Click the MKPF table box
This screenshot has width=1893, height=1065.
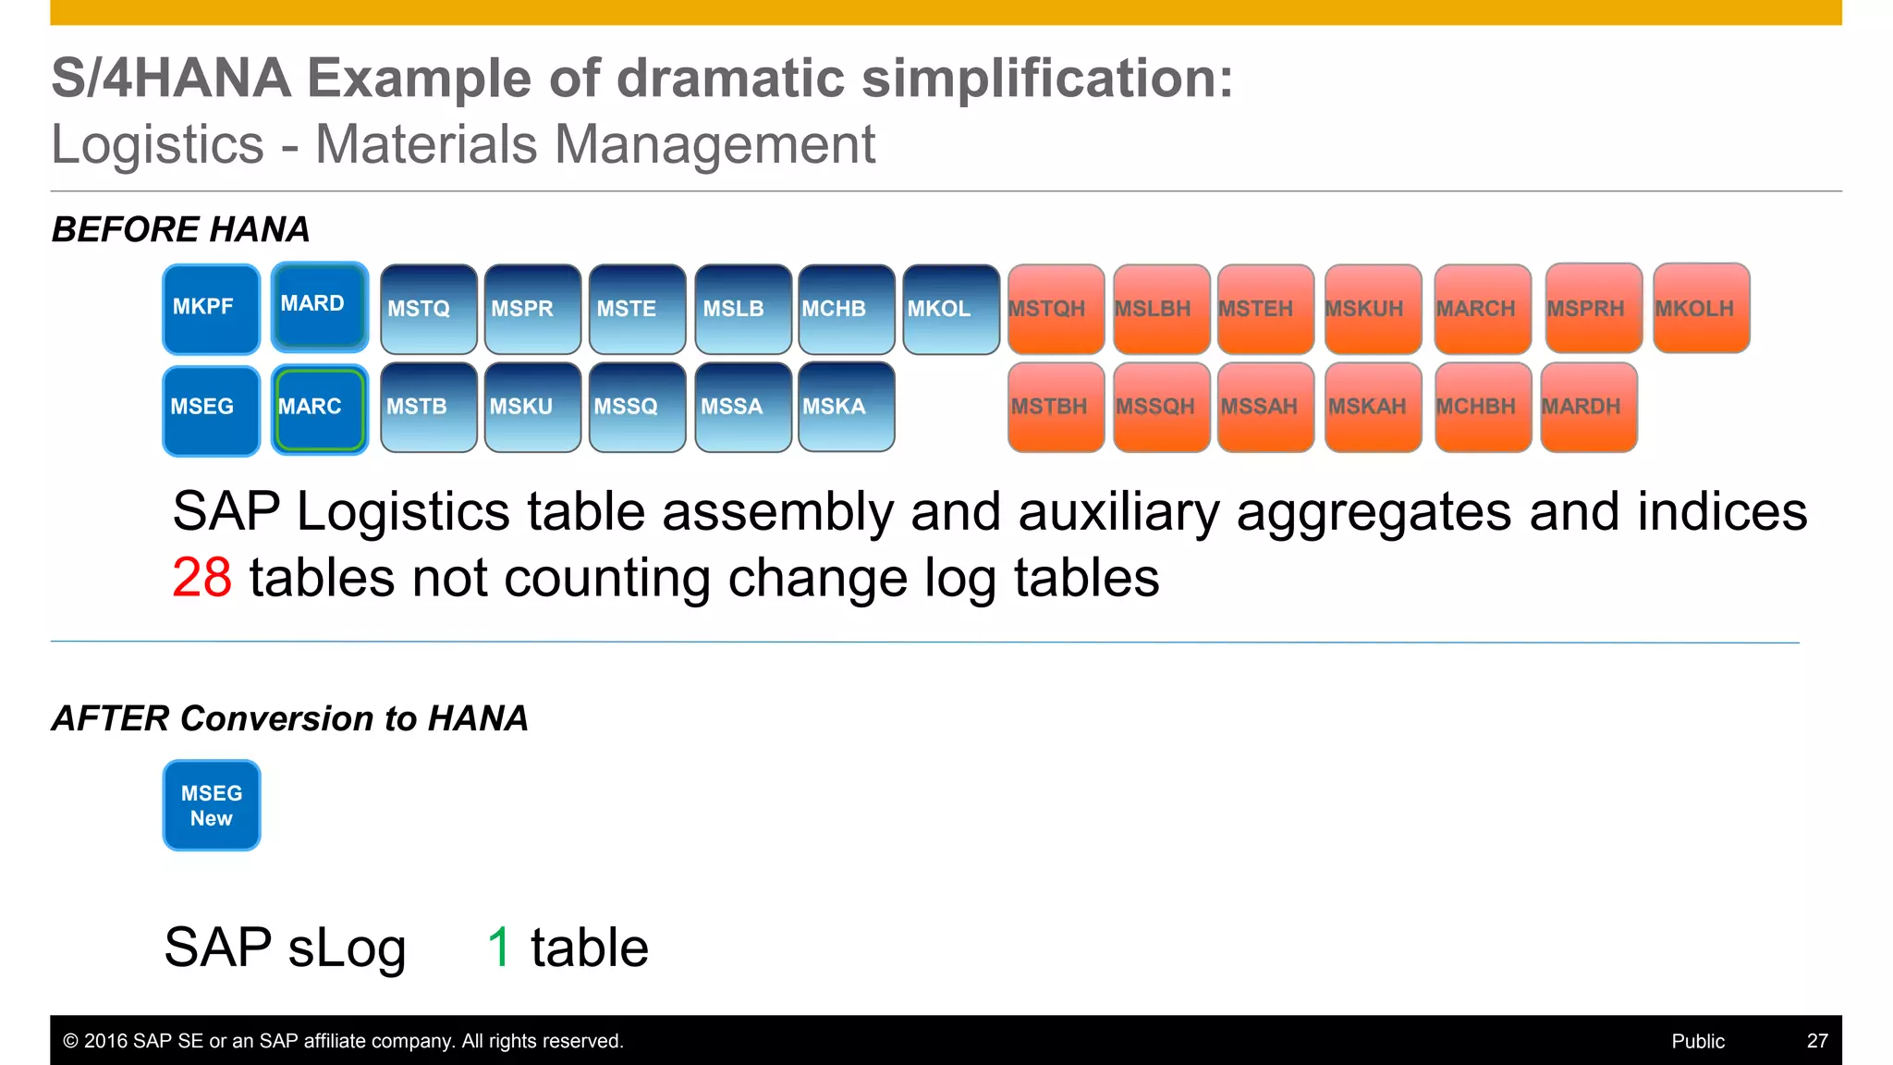(211, 309)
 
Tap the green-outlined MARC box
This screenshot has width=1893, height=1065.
(319, 409)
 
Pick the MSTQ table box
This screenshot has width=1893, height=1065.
(428, 310)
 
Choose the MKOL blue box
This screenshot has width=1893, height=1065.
(950, 310)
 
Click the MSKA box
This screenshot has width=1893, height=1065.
(846, 407)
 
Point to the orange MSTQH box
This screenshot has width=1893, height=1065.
(1056, 310)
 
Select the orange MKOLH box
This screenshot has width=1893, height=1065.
(1701, 308)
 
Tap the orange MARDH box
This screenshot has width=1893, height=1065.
(1588, 407)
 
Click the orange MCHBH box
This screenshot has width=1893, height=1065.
(1483, 407)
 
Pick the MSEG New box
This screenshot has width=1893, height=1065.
(212, 805)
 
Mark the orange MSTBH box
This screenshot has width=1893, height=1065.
(1056, 407)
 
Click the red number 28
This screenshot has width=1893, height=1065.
(202, 578)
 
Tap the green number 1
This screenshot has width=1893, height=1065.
(499, 948)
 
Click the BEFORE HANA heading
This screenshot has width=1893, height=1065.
(180, 229)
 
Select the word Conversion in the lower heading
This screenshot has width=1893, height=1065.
(276, 718)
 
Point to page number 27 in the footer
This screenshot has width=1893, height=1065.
(1816, 1041)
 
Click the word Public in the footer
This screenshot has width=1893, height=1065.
(1697, 1041)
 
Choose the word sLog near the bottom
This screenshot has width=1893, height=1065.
(347, 949)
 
